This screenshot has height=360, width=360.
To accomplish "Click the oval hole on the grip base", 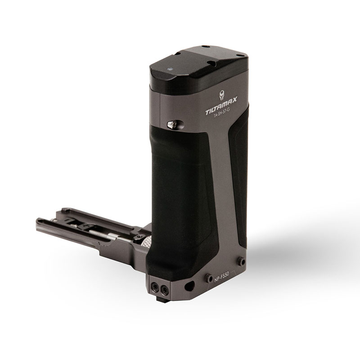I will (190, 285).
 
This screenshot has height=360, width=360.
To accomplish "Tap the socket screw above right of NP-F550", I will (242, 261).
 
